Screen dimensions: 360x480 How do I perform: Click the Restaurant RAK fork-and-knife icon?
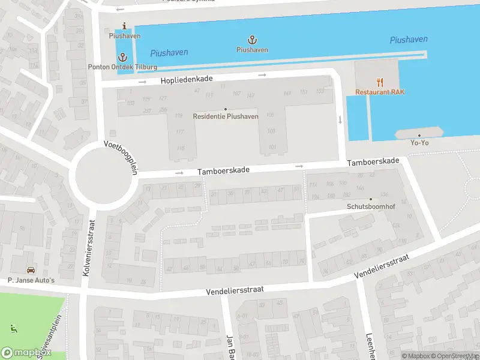pyautogui.click(x=380, y=82)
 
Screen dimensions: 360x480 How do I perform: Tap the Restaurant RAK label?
pyautogui.click(x=380, y=92)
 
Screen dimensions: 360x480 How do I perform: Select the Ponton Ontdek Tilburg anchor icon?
pyautogui.click(x=124, y=57)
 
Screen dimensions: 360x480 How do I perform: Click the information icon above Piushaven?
pyautogui.click(x=124, y=26)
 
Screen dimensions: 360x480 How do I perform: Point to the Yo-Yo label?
pyautogui.click(x=419, y=142)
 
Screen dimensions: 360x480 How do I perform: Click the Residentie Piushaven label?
pyautogui.click(x=226, y=116)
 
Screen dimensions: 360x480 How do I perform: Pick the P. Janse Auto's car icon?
pyautogui.click(x=30, y=271)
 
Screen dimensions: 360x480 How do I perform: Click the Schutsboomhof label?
pyautogui.click(x=370, y=206)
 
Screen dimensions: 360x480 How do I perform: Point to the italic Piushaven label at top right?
pyautogui.click(x=409, y=40)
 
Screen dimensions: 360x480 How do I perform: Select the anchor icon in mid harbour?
pyautogui.click(x=253, y=40)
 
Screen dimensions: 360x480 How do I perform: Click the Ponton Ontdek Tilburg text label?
pyautogui.click(x=123, y=67)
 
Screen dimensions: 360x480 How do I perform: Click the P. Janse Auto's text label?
pyautogui.click(x=31, y=280)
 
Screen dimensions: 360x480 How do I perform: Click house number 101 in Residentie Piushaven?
pyautogui.click(x=272, y=147)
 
